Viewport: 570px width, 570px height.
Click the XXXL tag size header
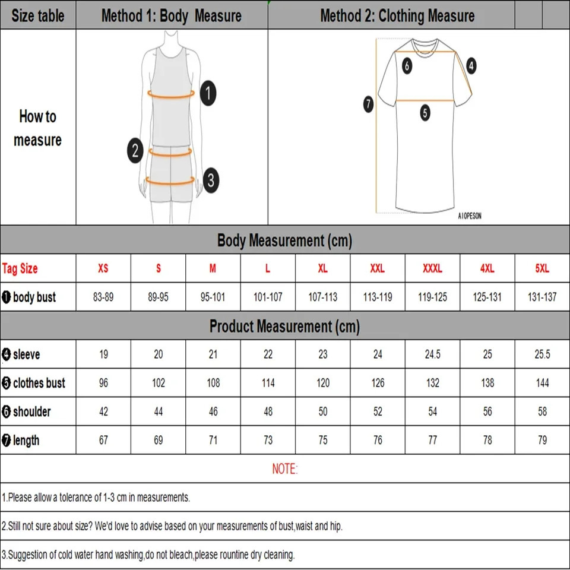(x=432, y=268)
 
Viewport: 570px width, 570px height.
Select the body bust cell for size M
(x=213, y=297)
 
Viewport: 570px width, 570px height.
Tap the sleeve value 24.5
(x=432, y=354)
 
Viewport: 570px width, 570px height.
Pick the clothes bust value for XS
(x=103, y=383)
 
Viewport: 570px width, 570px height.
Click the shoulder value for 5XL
(x=542, y=411)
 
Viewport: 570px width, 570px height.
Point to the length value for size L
(x=268, y=440)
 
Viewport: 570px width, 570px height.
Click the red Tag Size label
(x=20, y=268)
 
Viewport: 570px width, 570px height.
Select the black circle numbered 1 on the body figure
(x=208, y=93)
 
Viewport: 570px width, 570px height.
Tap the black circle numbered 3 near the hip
(x=211, y=180)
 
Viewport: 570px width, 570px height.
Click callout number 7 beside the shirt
(x=368, y=105)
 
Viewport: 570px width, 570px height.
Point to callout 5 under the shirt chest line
(x=425, y=112)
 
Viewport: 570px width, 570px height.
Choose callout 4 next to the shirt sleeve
(x=471, y=66)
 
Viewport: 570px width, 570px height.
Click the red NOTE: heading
(x=285, y=469)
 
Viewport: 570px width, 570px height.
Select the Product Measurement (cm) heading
(x=284, y=326)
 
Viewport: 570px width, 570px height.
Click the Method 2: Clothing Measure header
(x=397, y=16)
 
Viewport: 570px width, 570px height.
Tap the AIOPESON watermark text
(x=470, y=216)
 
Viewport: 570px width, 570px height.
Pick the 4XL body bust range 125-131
(x=487, y=297)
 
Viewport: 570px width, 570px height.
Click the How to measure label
(x=37, y=128)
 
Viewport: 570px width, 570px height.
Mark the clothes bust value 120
(x=322, y=383)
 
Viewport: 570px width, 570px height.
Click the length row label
(x=26, y=440)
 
